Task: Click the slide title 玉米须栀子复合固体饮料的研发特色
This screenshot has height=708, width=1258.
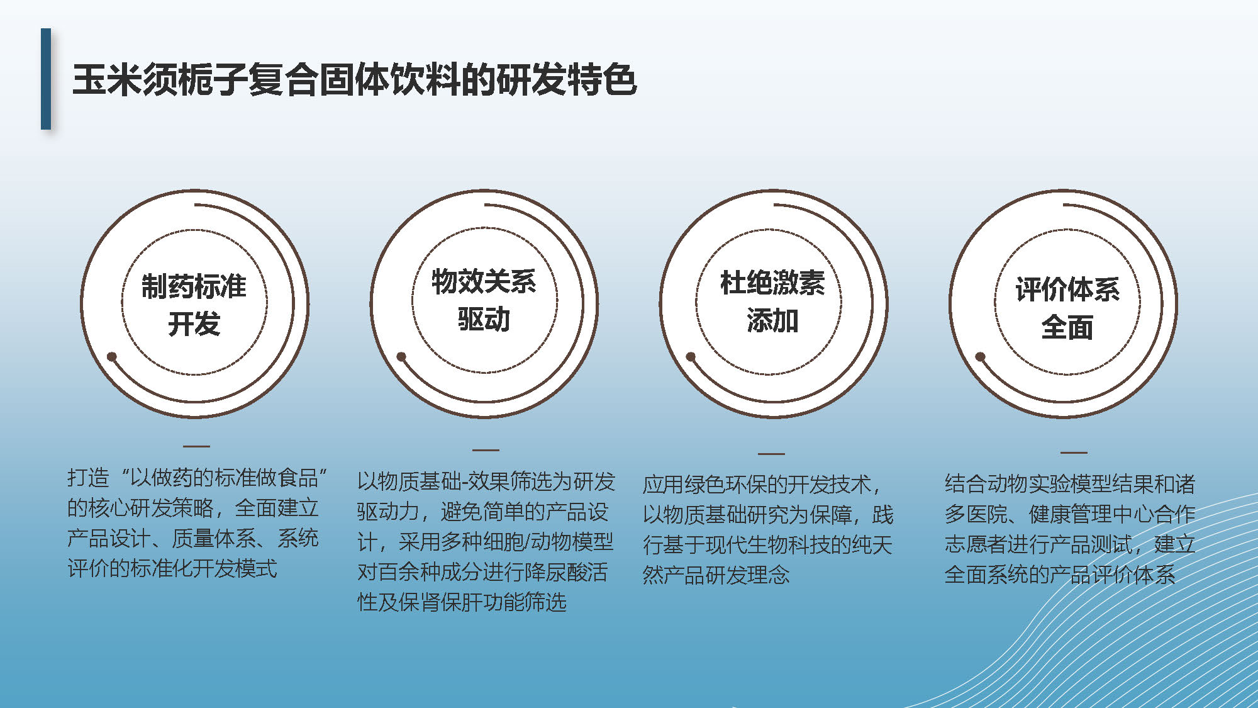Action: click(355, 80)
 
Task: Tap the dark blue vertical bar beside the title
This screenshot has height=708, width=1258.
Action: click(46, 79)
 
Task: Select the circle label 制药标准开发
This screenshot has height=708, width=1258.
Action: click(194, 305)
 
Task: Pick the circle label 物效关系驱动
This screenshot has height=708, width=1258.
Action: click(484, 300)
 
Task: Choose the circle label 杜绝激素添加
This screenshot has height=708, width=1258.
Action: click(772, 301)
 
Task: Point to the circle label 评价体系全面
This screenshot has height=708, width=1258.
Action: click(1067, 308)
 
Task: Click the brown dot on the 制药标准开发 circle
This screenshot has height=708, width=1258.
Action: click(112, 357)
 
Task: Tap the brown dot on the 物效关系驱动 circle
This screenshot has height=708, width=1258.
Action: click(401, 357)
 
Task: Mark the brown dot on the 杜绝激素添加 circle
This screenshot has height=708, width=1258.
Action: click(691, 357)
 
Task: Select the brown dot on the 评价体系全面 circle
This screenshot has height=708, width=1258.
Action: click(980, 357)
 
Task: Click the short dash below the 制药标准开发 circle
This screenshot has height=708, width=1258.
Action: click(196, 446)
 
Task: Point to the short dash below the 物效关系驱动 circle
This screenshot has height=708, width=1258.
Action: click(486, 450)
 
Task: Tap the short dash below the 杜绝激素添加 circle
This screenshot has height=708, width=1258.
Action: click(771, 453)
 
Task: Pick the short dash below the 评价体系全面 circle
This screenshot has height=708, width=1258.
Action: click(1074, 452)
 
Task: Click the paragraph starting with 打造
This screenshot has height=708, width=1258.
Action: click(196, 523)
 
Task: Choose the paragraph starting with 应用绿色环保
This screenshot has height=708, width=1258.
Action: click(767, 530)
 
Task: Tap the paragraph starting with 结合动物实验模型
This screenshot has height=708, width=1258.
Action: click(1069, 529)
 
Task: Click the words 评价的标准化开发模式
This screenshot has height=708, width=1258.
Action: click(172, 568)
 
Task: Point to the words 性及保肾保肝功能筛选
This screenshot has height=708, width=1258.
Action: click(462, 602)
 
